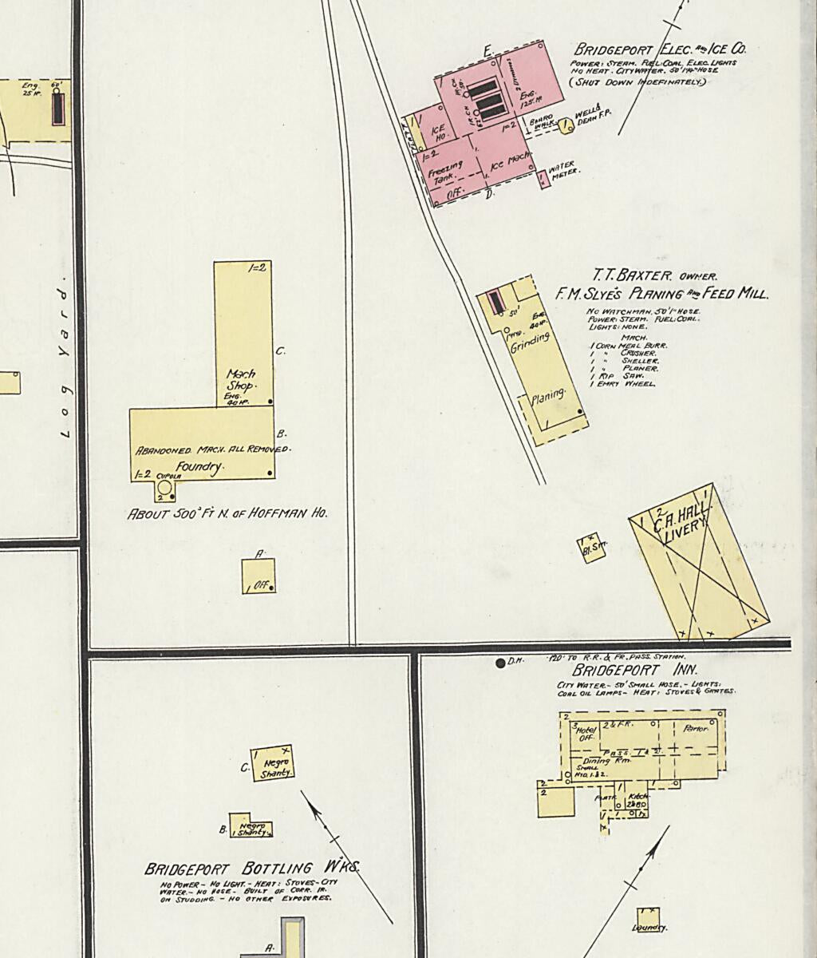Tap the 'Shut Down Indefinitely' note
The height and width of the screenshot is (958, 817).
[637, 81]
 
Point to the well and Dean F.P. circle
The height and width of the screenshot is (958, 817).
[566, 125]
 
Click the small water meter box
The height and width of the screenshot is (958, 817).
[546, 180]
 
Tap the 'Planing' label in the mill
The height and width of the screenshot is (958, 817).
[548, 395]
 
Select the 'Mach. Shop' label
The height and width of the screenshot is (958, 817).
[240, 379]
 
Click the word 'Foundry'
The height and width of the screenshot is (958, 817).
[199, 468]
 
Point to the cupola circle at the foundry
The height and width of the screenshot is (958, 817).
[164, 487]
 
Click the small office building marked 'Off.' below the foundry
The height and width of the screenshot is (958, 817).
[259, 576]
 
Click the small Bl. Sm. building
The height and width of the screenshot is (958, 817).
[592, 549]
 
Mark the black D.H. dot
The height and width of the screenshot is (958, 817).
[500, 663]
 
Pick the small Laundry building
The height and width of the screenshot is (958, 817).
[648, 919]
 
